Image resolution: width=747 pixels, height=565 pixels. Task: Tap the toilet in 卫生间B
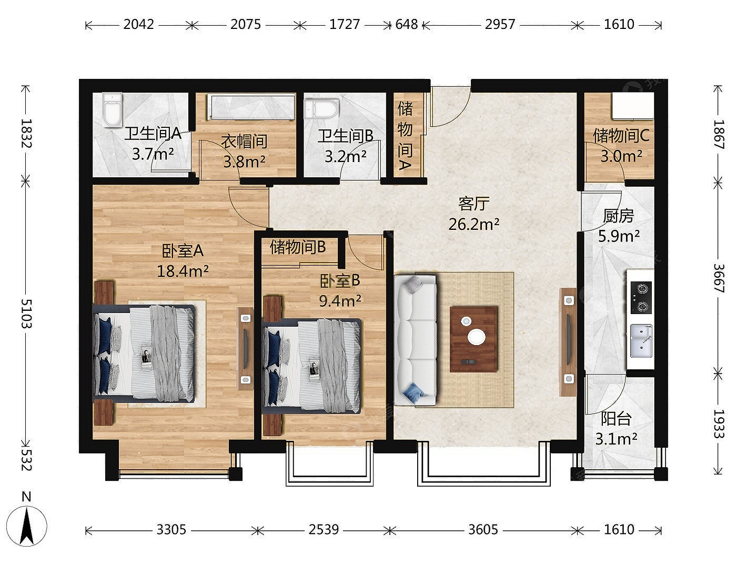click(x=321, y=108)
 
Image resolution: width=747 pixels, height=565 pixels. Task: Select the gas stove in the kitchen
click(x=641, y=297)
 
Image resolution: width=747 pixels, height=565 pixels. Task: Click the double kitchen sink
click(x=641, y=341)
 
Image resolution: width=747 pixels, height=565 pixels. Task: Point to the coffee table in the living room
click(x=474, y=339)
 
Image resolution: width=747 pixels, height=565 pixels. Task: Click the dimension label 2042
click(x=138, y=25)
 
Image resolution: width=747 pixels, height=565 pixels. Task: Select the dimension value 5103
click(x=26, y=314)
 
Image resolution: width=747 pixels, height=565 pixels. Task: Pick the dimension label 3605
click(x=483, y=530)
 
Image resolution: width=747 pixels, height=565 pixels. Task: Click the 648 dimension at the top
click(x=406, y=25)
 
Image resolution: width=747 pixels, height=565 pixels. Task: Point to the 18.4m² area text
click(x=183, y=271)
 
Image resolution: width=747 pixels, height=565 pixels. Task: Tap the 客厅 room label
click(x=474, y=204)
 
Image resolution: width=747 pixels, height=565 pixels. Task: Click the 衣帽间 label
click(x=244, y=141)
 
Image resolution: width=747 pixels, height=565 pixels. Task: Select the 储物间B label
click(x=298, y=247)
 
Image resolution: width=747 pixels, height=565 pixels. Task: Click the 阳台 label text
click(x=617, y=418)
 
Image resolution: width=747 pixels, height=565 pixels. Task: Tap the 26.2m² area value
click(x=474, y=224)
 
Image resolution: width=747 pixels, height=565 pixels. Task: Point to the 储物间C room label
click(x=621, y=136)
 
